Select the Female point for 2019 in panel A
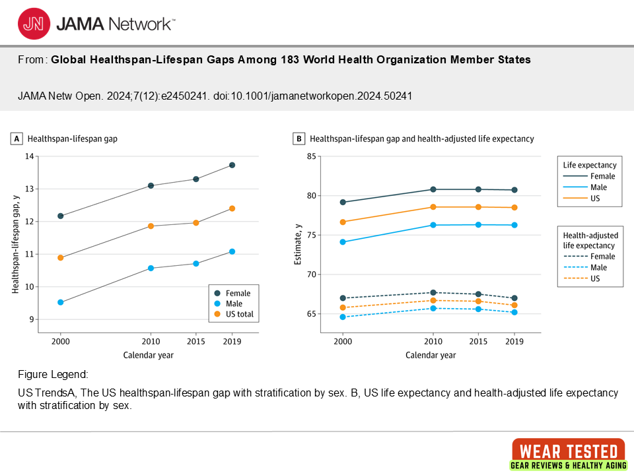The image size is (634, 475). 232,165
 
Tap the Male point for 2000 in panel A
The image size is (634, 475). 61,302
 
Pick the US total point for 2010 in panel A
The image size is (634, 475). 151,226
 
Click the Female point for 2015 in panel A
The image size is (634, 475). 196,179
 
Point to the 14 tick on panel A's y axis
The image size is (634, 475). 29,156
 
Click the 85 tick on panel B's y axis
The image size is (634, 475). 312,156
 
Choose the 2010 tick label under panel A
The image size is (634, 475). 151,342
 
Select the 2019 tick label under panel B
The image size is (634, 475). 514,342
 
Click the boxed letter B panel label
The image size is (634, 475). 299,139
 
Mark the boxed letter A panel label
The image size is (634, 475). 17,139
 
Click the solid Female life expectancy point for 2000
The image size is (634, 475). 343,202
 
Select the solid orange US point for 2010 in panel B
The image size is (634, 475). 433,207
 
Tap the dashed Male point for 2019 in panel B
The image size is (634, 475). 514,312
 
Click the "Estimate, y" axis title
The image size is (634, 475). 299,244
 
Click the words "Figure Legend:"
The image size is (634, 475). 53,375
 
